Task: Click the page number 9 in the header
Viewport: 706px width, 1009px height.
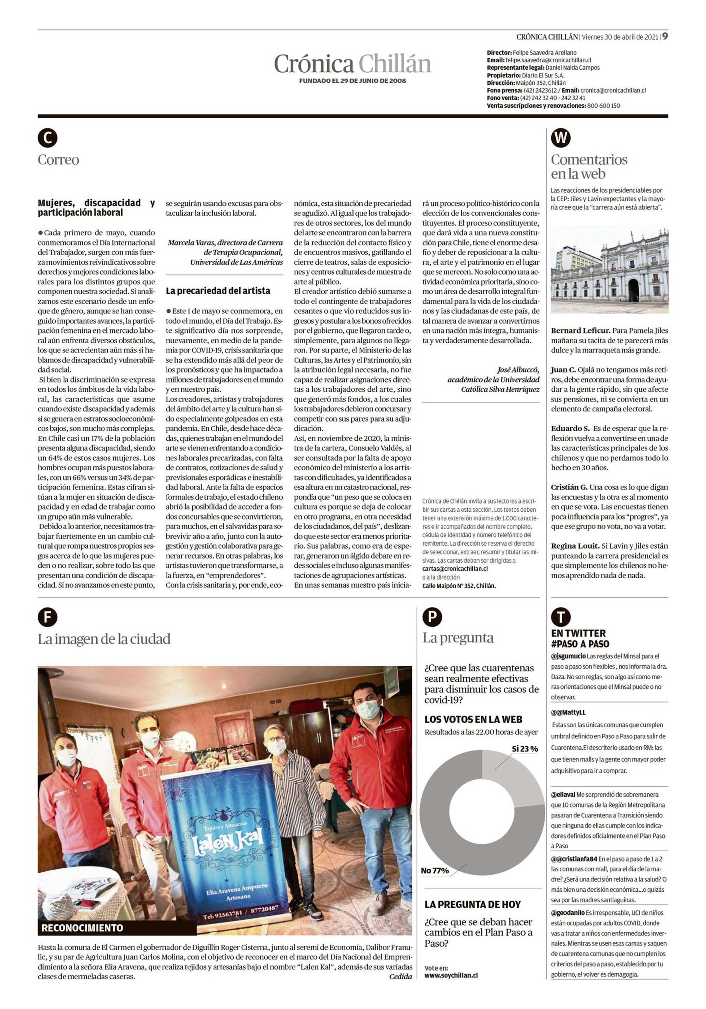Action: tap(665, 36)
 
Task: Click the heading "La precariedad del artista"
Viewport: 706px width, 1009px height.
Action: tap(218, 290)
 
